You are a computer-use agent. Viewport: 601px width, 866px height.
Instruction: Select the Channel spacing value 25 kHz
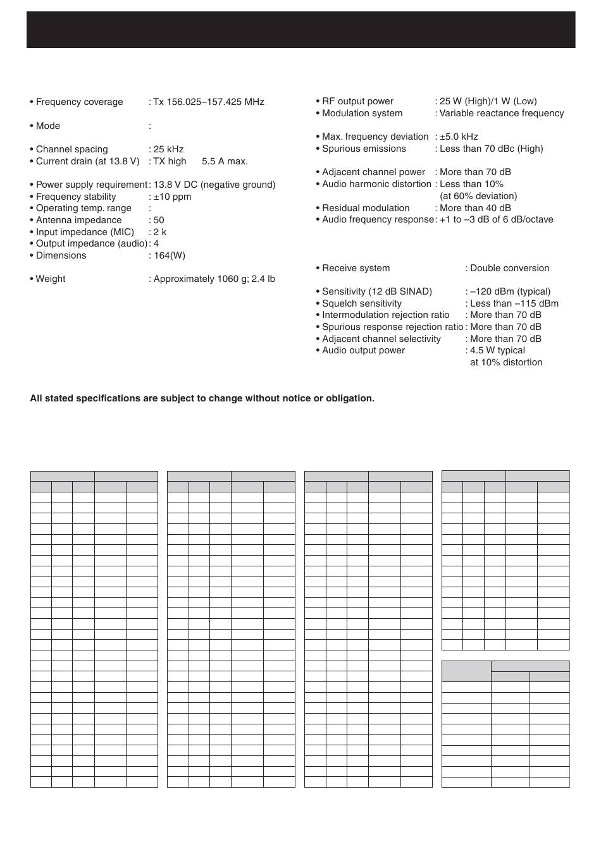pos(168,149)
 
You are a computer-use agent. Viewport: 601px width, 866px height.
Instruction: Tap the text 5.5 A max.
pos(225,161)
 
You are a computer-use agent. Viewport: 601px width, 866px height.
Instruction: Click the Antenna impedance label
pos(78,220)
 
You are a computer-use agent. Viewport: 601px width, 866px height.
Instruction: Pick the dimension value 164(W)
pos(169,255)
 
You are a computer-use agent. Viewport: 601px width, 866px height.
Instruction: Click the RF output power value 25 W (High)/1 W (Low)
pos(488,101)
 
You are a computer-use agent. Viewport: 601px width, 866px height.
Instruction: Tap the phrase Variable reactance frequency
pos(502,113)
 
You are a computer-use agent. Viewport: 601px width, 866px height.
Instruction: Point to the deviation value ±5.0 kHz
pos(459,137)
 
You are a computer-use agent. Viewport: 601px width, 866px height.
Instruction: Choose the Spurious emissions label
pos(364,149)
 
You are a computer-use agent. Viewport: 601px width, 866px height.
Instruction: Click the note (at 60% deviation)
pos(478,196)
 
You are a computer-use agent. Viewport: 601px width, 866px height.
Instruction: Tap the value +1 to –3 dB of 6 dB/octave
pos(497,219)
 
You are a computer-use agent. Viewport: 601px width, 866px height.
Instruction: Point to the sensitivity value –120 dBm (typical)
pos(510,291)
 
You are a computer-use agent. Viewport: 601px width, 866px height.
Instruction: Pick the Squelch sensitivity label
pos(361,303)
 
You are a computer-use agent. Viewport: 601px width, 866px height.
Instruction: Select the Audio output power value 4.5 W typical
pos(497,350)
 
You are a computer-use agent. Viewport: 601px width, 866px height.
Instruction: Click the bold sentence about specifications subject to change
pos(202,398)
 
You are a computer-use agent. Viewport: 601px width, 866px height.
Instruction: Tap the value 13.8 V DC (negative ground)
pos(214,185)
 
